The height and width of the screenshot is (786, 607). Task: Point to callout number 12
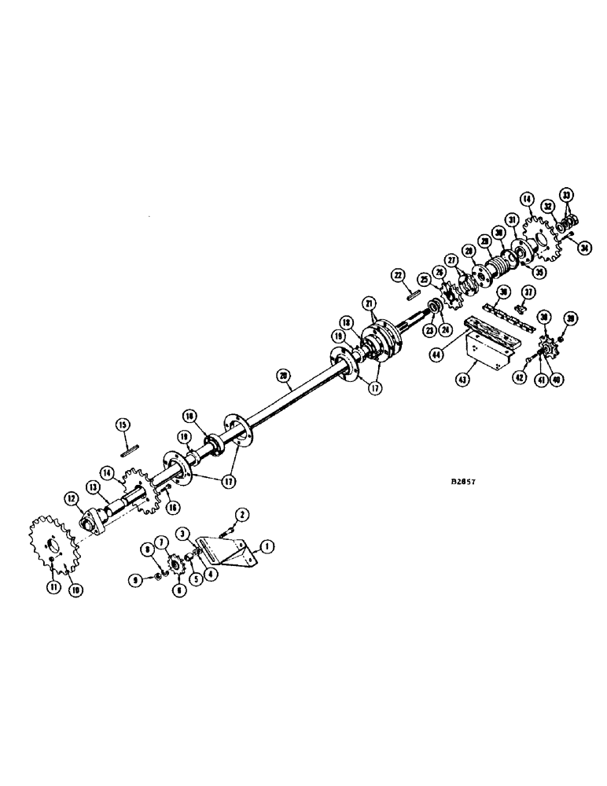pos(71,498)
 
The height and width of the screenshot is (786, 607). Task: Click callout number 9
pos(138,580)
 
